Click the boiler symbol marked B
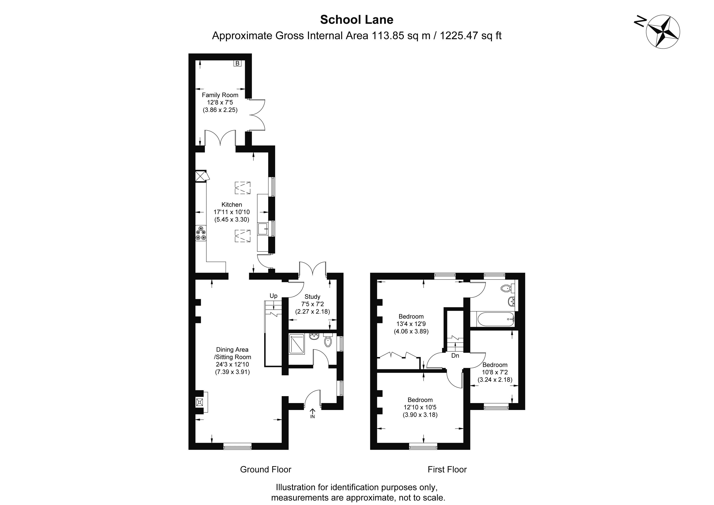click(x=237, y=63)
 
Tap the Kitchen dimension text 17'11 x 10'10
click(x=232, y=212)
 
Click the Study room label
click(x=312, y=297)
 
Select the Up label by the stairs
click(x=273, y=296)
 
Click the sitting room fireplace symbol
click(x=199, y=402)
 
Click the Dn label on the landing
click(x=455, y=355)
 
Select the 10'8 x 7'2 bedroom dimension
click(x=495, y=372)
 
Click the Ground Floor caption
click(x=266, y=469)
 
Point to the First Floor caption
click(x=447, y=469)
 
